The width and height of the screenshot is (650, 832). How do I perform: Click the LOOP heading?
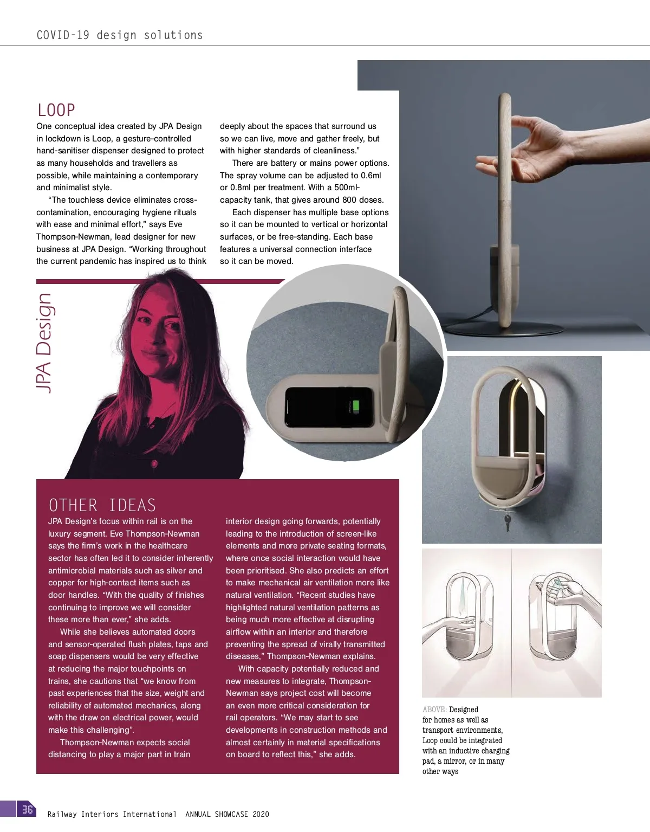[56, 110]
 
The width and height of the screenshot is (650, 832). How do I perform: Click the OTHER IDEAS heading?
[102, 505]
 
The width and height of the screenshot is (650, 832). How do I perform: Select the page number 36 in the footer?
[27, 809]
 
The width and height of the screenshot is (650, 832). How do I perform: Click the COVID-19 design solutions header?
[119, 35]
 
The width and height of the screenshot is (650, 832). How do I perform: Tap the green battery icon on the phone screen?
[356, 407]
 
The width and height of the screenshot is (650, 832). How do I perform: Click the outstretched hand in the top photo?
[542, 146]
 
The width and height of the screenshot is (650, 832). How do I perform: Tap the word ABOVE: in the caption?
[434, 710]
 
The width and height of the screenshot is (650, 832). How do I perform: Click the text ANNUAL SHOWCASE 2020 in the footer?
[227, 814]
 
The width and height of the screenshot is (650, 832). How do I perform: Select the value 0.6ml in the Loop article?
[370, 176]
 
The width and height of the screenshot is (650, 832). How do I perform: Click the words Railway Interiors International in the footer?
[112, 814]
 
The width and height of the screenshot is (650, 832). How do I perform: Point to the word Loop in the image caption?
[430, 740]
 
